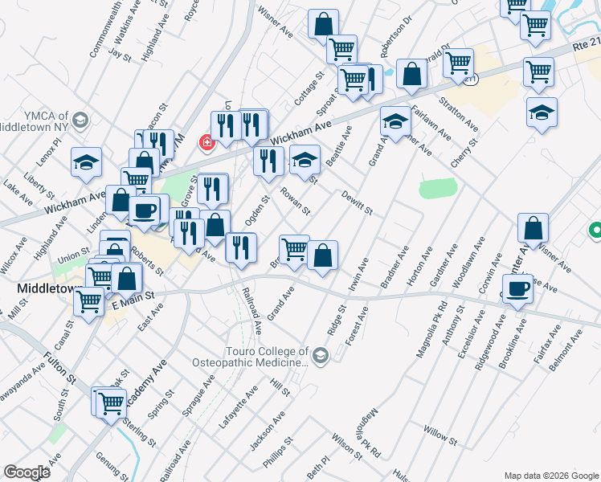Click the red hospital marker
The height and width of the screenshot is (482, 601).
coord(207,143)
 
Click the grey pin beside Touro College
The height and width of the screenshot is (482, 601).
coord(321,356)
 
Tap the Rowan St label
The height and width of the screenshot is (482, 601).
coord(295,202)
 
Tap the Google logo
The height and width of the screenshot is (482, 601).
coord(27,472)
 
